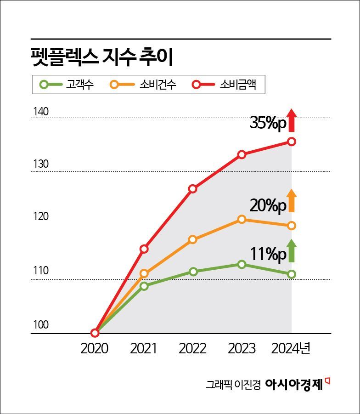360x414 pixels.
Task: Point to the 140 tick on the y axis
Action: (41, 112)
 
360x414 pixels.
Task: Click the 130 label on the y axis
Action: (41, 164)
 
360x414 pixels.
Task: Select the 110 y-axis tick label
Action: (41, 271)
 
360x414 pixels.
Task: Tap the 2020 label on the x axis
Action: (94, 348)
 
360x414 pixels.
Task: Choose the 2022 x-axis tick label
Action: (192, 348)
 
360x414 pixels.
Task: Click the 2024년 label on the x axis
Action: (291, 348)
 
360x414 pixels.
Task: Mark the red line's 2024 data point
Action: (292, 142)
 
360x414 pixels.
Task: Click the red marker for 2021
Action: (144, 249)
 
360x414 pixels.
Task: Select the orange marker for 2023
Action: (242, 219)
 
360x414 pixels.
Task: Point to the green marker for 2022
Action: (193, 272)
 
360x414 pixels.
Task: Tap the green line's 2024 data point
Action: (292, 274)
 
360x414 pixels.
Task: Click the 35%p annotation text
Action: (268, 123)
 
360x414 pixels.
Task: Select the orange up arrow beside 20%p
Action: (292, 201)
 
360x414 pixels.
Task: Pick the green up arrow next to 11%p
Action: (292, 250)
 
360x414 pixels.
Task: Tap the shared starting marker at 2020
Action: (95, 333)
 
